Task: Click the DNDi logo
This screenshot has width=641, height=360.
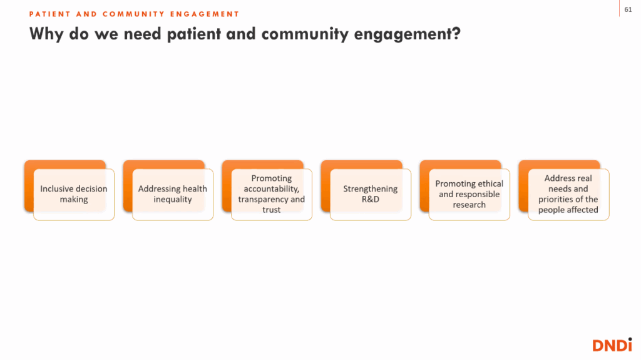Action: point(612,345)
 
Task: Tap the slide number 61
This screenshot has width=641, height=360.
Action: point(628,9)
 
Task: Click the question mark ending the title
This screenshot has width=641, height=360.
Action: point(456,34)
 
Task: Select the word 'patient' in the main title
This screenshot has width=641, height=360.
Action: point(194,34)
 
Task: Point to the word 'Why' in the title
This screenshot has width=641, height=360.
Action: point(46,34)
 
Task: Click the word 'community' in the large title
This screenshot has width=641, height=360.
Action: point(305,34)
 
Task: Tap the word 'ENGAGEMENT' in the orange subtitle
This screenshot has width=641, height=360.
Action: point(205,14)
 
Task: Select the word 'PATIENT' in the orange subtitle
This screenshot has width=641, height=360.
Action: point(49,14)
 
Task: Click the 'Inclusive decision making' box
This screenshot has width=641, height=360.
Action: point(74,194)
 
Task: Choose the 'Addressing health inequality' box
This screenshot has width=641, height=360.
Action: point(173,194)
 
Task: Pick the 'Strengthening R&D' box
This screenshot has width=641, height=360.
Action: point(371,194)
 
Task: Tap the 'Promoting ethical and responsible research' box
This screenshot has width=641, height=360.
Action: point(469,194)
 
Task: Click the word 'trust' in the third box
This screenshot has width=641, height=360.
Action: point(272,210)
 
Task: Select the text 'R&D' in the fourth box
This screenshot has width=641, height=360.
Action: point(371,199)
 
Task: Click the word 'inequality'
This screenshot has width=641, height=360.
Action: point(173,200)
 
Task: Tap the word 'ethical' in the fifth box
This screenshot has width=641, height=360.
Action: point(489,183)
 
